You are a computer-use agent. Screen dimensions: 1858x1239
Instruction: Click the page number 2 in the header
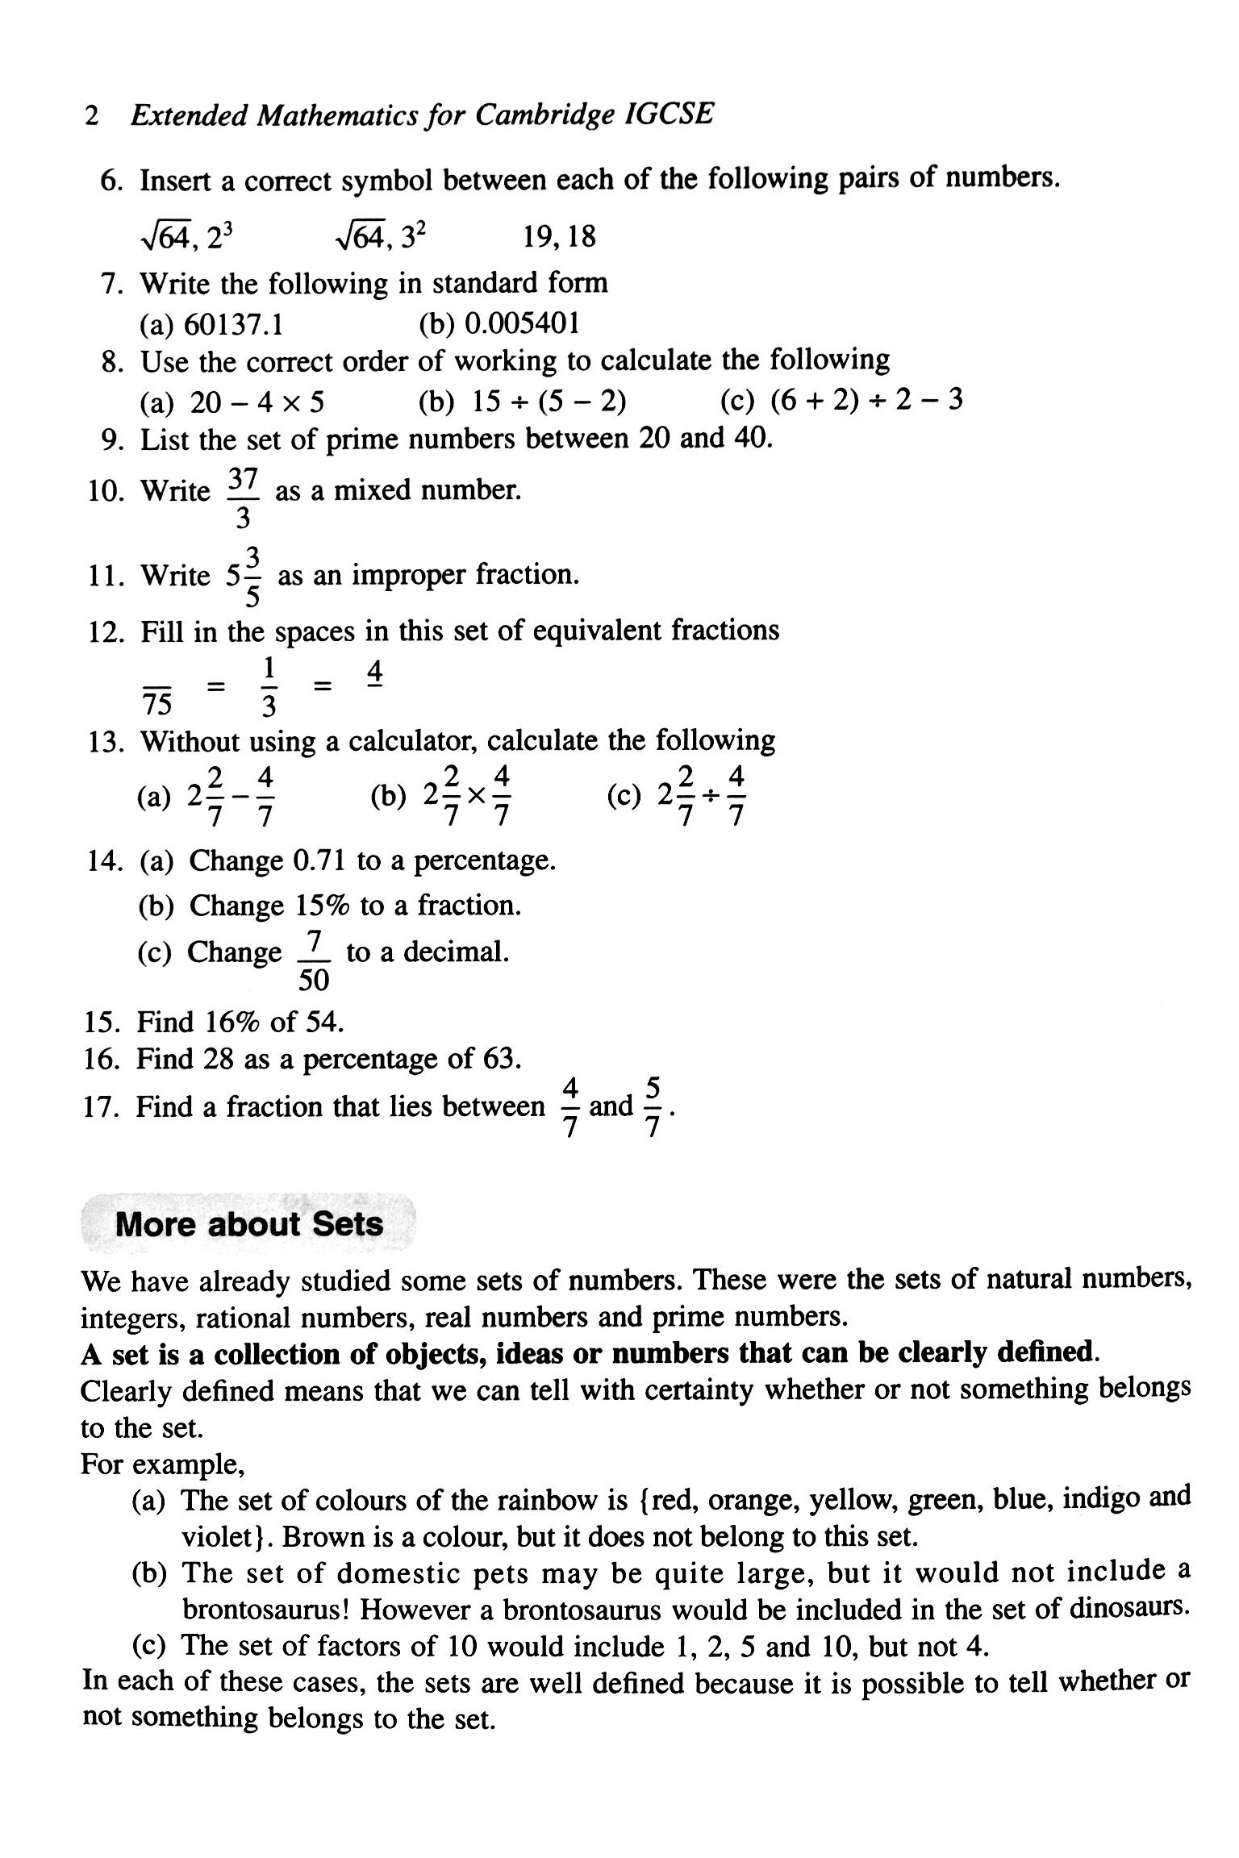click(x=91, y=117)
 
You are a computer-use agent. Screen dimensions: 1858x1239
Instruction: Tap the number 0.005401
click(x=522, y=323)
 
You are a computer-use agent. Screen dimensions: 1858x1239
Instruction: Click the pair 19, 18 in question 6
click(x=558, y=237)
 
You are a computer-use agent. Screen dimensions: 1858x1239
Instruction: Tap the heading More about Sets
click(x=249, y=1224)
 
